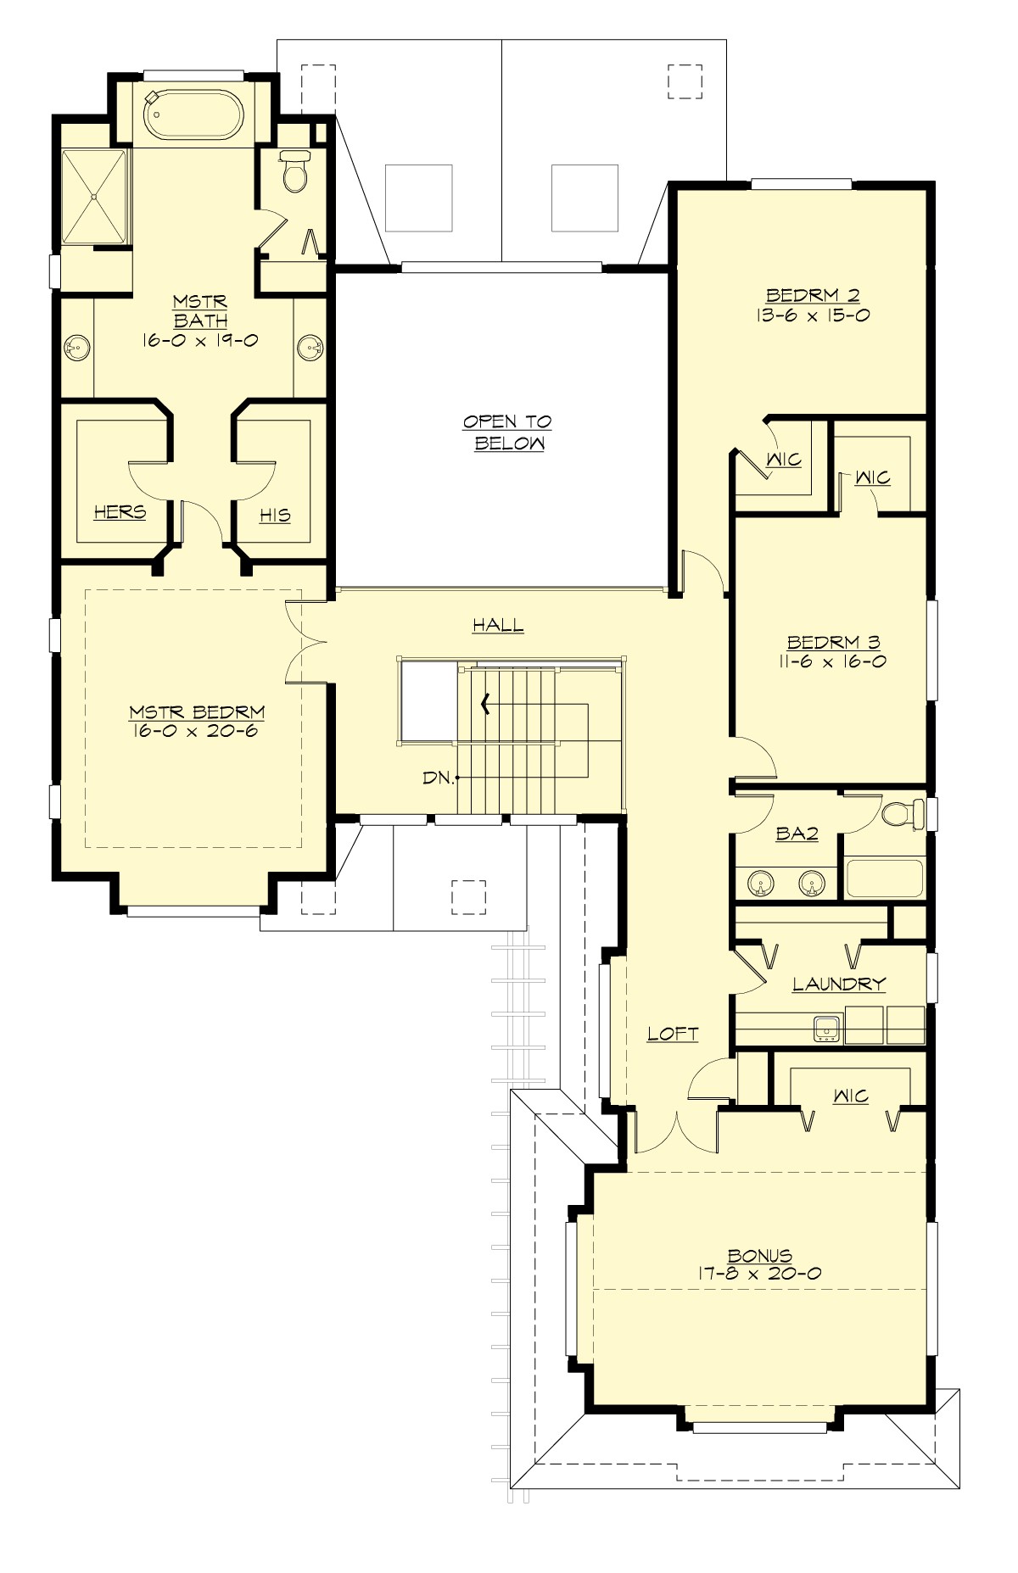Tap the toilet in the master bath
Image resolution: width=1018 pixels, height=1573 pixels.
(294, 172)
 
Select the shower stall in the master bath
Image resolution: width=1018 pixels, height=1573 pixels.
(94, 196)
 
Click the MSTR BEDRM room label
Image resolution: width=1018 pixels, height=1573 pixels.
(197, 711)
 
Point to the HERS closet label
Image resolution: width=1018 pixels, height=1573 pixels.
(120, 512)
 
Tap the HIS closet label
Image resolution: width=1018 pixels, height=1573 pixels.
(275, 515)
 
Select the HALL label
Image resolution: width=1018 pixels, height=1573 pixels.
(498, 625)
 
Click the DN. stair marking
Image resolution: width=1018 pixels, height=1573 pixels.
(439, 777)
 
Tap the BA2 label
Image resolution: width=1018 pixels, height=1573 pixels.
(797, 834)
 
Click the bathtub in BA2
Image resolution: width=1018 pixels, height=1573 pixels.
(884, 879)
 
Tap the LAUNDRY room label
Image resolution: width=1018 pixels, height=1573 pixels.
(839, 984)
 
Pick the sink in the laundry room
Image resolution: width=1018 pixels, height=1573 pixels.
(826, 1029)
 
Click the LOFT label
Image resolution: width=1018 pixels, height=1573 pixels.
(673, 1033)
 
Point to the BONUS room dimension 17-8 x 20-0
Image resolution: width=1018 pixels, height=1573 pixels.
(761, 1273)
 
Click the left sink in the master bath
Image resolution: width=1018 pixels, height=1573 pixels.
(77, 346)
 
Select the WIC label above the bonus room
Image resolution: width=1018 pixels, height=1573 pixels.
(850, 1096)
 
